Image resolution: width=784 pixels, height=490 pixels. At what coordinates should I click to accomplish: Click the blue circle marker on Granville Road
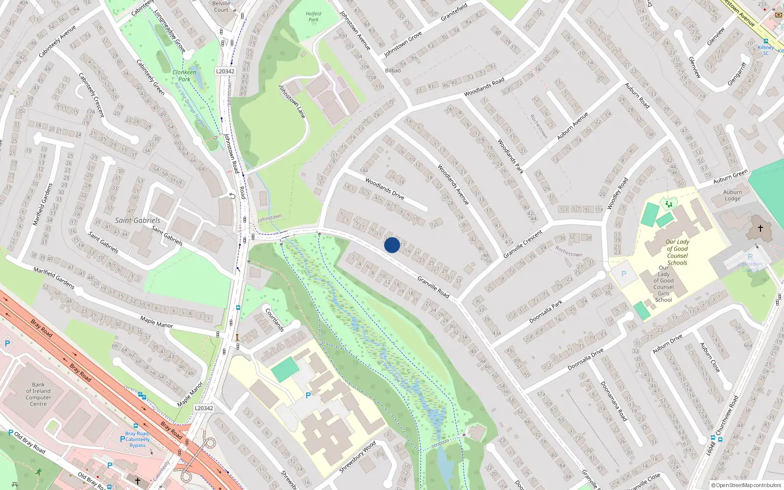392,245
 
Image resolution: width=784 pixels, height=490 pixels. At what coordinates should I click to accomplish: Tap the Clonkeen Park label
184,75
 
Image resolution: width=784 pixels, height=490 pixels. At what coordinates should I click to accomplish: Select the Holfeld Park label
314,17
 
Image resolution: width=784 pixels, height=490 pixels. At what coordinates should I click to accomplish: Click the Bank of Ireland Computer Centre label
38,394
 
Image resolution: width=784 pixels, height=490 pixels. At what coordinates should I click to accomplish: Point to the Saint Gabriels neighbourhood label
137,220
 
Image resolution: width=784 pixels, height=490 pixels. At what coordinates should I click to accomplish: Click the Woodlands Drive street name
385,189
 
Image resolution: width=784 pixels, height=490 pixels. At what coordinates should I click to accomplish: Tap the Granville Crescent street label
523,244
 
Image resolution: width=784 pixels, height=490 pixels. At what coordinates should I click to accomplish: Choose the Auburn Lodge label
733,195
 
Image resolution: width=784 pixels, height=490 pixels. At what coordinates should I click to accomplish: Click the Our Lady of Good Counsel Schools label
677,252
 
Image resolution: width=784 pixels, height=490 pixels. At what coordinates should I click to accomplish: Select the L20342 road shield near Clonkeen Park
225,72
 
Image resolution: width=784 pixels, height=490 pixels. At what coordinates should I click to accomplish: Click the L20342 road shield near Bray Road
204,408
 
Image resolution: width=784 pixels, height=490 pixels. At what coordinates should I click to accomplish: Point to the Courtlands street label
275,319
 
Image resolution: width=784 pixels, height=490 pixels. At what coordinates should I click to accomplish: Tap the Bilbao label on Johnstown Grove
393,71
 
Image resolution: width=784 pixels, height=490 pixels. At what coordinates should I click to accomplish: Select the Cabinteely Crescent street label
92,95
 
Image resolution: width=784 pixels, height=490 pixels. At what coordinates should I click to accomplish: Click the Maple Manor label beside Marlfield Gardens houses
157,322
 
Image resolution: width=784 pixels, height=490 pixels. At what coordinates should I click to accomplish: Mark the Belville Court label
221,6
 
